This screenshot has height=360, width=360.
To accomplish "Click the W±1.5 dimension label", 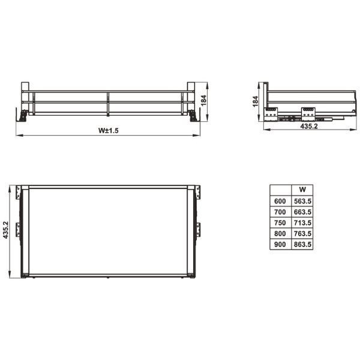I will [109, 131].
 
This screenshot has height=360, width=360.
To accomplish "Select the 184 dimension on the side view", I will [256, 101].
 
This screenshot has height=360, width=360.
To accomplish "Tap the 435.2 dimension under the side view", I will [309, 127].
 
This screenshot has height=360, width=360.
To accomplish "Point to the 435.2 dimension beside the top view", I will [6, 230].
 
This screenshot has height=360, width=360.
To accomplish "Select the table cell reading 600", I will [280, 201].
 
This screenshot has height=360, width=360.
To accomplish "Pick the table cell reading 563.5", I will [302, 201].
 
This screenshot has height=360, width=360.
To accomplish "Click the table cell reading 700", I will [280, 212].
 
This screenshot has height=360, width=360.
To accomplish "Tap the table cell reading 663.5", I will [302, 212].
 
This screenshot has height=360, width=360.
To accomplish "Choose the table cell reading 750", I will [280, 223].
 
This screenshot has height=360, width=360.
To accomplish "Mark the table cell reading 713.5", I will [302, 223].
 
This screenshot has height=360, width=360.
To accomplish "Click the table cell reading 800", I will [280, 233].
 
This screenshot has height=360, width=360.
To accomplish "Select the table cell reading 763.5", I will [302, 233].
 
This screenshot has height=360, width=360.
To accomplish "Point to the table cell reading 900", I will [280, 244].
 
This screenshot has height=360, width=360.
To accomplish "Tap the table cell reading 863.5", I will [302, 244].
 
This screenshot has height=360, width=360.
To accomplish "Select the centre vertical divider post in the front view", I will [108, 104].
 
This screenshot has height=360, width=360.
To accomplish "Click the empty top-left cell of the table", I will [280, 190].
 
